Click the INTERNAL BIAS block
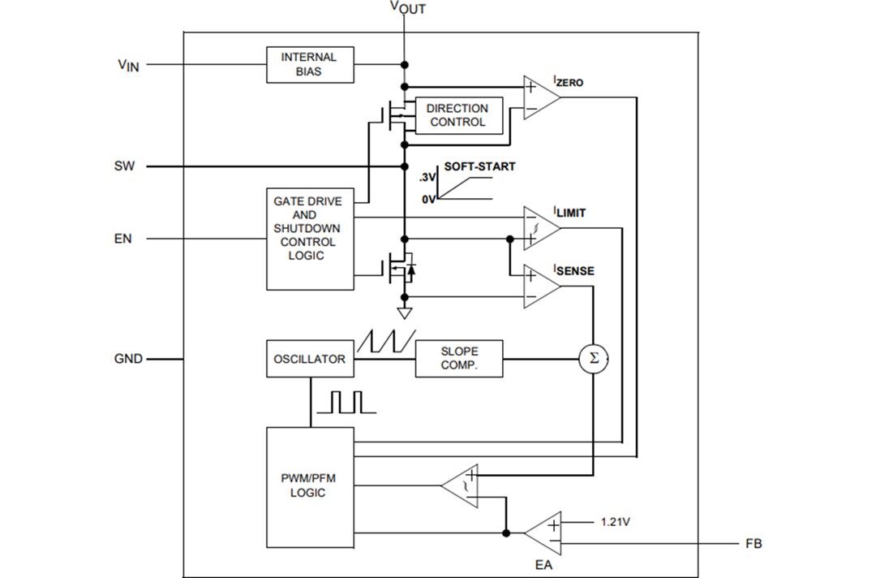tap(310, 64)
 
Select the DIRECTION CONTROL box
tap(457, 115)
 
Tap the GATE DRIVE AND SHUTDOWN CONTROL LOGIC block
tap(310, 239)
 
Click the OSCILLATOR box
tap(310, 359)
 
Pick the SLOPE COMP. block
tap(459, 359)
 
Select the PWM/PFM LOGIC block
tap(310, 486)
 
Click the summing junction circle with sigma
tap(593, 359)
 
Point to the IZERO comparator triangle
tap(539, 97)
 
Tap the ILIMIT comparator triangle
tap(539, 227)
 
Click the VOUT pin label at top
tap(407, 8)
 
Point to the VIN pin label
tap(128, 65)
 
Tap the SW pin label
tap(124, 166)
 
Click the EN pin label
tap(122, 239)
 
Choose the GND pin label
tap(128, 359)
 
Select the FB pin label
tap(754, 543)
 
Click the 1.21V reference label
tap(616, 522)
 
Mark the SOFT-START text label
tap(479, 166)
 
